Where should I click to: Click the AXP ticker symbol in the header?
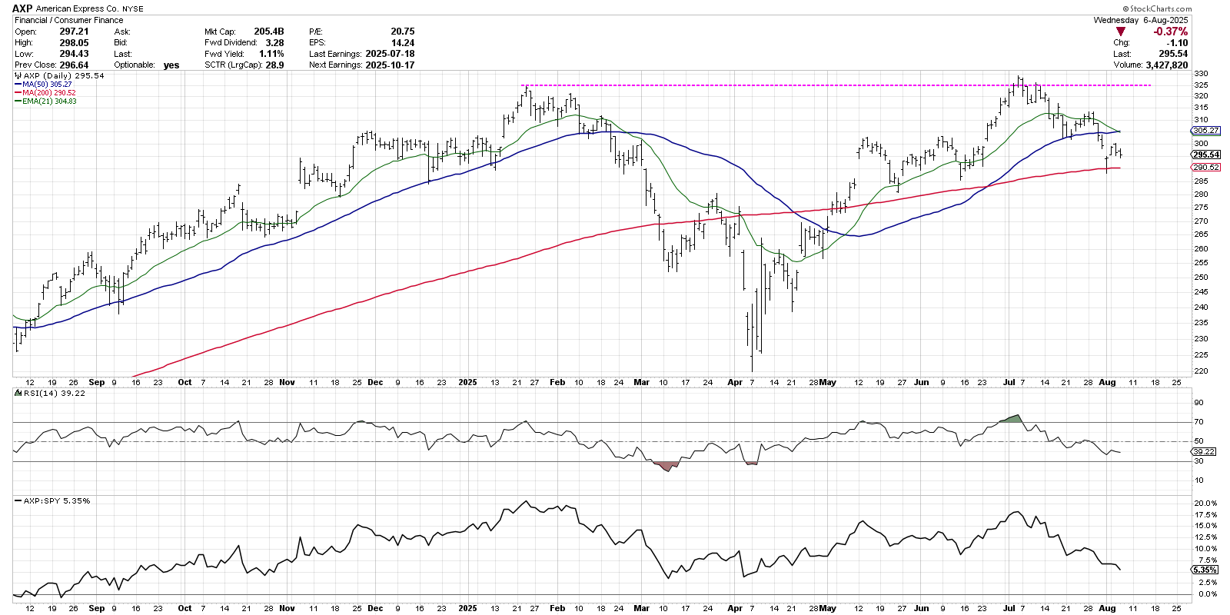pyautogui.click(x=22, y=8)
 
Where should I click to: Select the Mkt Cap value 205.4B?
pyautogui.click(x=269, y=32)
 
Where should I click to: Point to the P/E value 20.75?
pyautogui.click(x=402, y=32)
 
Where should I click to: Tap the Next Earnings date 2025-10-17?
pyautogui.click(x=390, y=65)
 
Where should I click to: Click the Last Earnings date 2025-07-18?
pyautogui.click(x=390, y=54)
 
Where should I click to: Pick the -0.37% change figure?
pyautogui.click(x=1170, y=32)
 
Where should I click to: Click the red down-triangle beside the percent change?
pyautogui.click(x=1121, y=32)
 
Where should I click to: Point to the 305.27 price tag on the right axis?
pyautogui.click(x=1206, y=131)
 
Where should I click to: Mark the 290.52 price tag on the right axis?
pyautogui.click(x=1206, y=168)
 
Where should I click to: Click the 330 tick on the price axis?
pyautogui.click(x=1201, y=74)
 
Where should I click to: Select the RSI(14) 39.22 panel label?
pyautogui.click(x=54, y=393)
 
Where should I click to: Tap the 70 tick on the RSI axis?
pyautogui.click(x=1198, y=422)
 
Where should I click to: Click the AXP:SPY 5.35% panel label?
pyautogui.click(x=56, y=500)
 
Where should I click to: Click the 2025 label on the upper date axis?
pyautogui.click(x=467, y=382)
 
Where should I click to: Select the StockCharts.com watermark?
pyautogui.click(x=1161, y=8)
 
